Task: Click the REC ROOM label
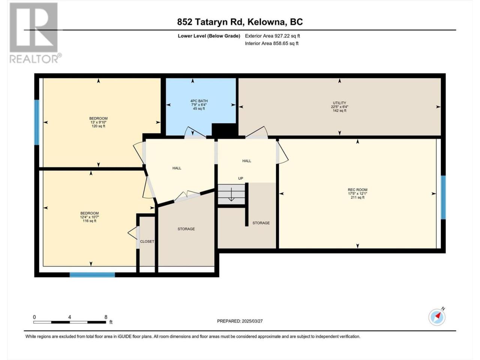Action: (357, 190)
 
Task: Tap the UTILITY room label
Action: (339, 103)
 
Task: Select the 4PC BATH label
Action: (199, 101)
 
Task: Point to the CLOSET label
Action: (147, 241)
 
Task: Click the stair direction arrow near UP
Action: (231, 194)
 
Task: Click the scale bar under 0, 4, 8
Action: (69, 322)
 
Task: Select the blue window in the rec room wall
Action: (443, 197)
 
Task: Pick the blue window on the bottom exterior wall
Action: (92, 275)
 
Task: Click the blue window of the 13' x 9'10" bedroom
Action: (37, 122)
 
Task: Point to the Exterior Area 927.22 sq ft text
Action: (273, 36)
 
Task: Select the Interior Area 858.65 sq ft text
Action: (271, 43)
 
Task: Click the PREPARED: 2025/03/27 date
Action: (240, 321)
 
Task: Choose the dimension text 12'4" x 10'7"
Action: (90, 217)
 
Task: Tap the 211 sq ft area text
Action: (357, 197)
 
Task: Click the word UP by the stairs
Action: (240, 178)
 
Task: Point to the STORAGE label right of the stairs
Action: (261, 223)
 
